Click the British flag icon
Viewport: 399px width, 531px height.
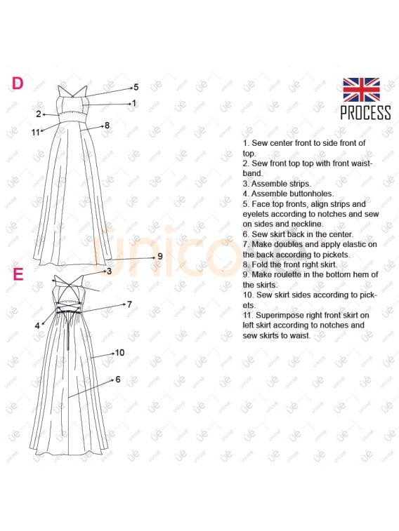[x=361, y=90]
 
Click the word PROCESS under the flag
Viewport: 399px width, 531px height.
[x=366, y=113]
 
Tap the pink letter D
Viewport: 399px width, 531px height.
[x=18, y=83]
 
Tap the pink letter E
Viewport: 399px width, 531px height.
[x=18, y=274]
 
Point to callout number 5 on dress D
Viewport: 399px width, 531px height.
[x=136, y=87]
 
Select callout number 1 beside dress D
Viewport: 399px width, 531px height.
[x=134, y=103]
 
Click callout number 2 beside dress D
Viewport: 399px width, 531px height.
[x=39, y=114]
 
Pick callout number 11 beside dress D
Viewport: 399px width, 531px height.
[x=36, y=133]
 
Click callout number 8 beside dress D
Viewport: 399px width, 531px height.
[x=107, y=126]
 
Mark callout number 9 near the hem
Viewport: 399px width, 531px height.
[x=160, y=256]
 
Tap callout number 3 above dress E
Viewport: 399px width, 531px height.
[x=109, y=271]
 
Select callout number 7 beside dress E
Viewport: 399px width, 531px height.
[x=129, y=304]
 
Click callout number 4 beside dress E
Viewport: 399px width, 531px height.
[x=37, y=325]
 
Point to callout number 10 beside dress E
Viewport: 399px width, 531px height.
[x=119, y=353]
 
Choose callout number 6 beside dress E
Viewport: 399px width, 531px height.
[x=118, y=379]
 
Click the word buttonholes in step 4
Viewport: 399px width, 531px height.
[x=311, y=194]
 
